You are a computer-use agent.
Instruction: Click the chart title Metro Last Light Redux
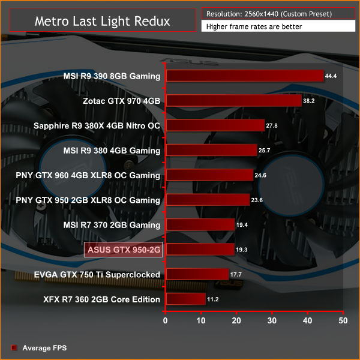coord(102,21)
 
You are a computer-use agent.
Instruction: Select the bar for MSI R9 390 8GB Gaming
coord(244,76)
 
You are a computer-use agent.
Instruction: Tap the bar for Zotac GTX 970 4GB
coord(233,101)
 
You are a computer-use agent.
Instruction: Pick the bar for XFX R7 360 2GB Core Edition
coord(185,299)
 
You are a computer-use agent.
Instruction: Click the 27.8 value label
coord(275,126)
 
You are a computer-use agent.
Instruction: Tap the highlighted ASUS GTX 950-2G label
coord(123,250)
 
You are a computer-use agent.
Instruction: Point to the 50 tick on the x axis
coord(343,321)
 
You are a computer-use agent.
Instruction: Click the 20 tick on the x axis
coord(236,321)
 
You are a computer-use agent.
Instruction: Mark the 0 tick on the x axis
coord(166,321)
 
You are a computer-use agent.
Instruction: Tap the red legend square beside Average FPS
coord(14,347)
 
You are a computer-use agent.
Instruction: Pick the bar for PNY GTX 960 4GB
coord(209,175)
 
